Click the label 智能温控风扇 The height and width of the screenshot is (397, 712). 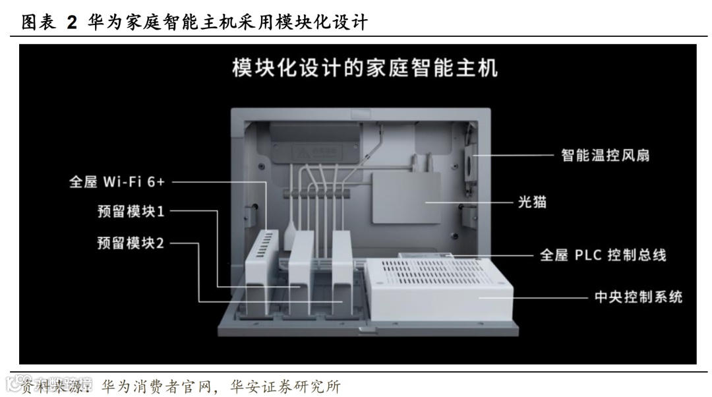605,156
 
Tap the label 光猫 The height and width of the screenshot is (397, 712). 531,202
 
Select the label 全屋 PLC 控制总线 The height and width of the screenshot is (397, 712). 603,255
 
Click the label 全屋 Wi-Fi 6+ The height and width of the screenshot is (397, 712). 117,181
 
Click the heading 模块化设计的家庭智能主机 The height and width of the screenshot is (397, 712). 365,69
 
